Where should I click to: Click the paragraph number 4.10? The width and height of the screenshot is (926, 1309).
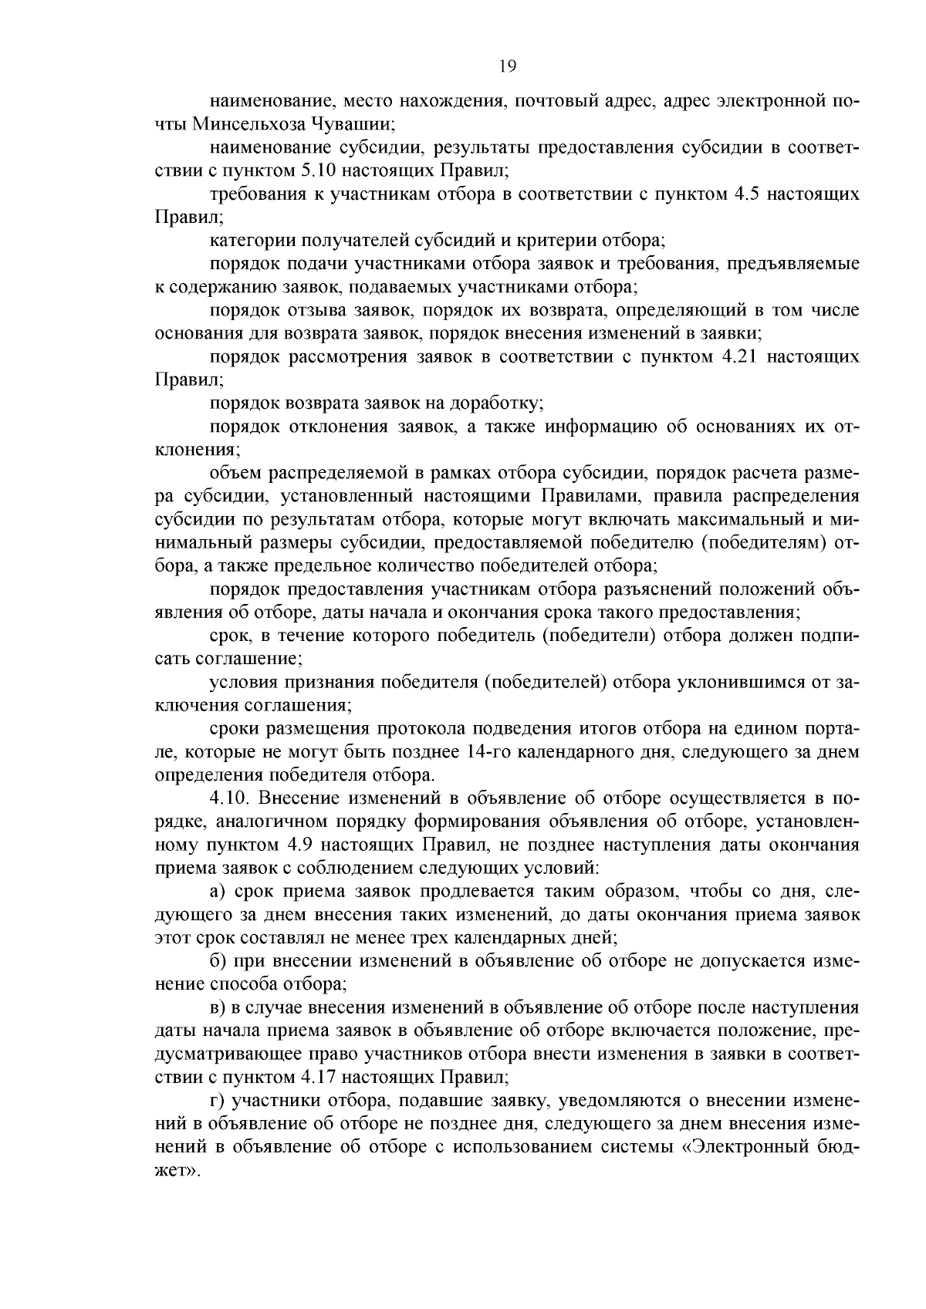(x=230, y=798)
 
